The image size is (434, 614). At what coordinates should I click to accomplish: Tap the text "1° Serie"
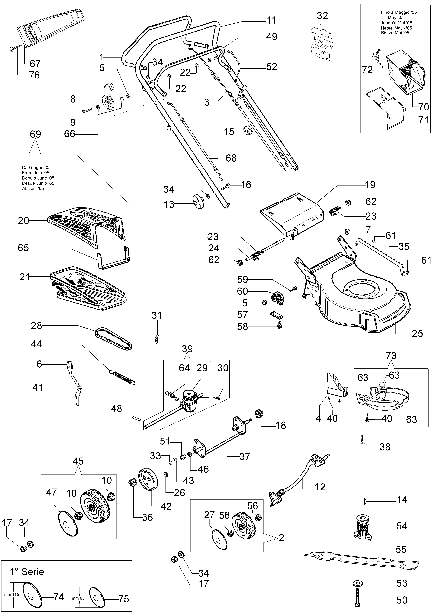point(27,572)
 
